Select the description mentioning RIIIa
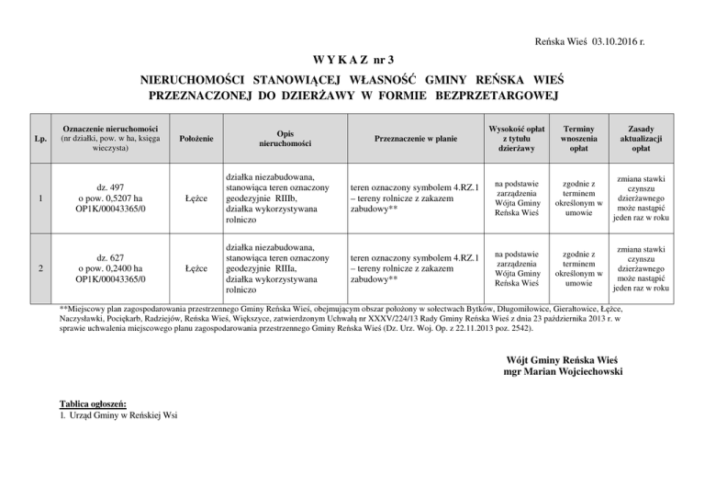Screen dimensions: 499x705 tap(274, 268)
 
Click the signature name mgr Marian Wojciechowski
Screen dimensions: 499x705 tap(563, 371)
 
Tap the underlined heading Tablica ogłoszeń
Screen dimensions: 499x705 tap(92, 404)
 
